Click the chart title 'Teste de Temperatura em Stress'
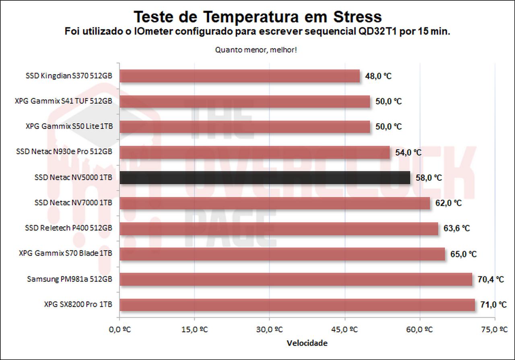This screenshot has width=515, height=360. (x=257, y=17)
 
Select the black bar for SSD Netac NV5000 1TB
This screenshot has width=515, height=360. (x=265, y=178)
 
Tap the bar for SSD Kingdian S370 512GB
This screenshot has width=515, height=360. (x=239, y=76)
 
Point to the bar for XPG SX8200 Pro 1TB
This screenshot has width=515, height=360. (x=297, y=305)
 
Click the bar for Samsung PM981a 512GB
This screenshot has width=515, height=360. (x=296, y=279)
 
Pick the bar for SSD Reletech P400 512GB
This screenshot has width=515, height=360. (x=278, y=229)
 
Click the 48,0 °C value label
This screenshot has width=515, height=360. (x=378, y=76)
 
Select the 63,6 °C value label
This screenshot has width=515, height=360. (x=457, y=228)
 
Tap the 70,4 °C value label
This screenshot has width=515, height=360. (x=490, y=279)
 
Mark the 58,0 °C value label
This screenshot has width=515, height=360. (x=428, y=178)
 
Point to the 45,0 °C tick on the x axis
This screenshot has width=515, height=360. (x=343, y=329)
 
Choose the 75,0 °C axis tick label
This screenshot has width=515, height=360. (x=494, y=329)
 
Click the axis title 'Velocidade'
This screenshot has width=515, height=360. (x=307, y=343)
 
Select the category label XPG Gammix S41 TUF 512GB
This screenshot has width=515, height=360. (x=63, y=101)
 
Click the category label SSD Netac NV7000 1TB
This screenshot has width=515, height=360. (x=73, y=203)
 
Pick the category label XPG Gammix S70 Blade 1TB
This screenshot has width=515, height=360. (x=65, y=254)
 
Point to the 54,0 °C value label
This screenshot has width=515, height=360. (x=408, y=152)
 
